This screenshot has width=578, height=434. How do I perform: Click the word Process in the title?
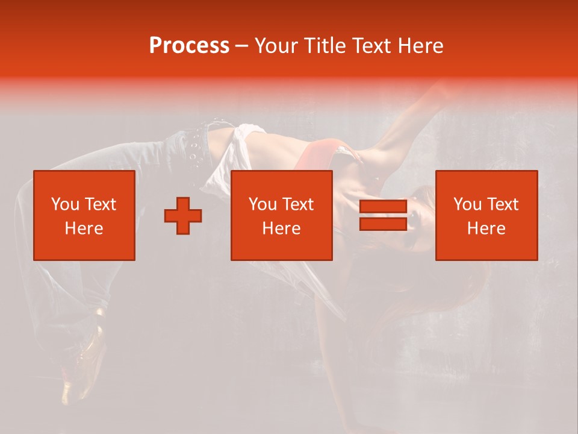point(189,46)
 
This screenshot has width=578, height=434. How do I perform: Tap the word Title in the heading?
point(326,46)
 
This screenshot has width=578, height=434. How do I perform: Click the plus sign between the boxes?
point(183,216)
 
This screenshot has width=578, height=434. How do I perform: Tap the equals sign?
point(383,215)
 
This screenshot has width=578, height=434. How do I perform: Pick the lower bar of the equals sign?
point(383,224)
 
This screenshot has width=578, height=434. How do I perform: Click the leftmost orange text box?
point(84,215)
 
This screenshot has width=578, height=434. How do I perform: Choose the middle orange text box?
point(281,215)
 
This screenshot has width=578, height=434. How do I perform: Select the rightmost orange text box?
point(486,215)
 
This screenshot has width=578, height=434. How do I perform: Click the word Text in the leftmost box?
point(101,204)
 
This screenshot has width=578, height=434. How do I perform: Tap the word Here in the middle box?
point(281,228)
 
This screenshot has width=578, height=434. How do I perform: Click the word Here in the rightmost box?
point(486,228)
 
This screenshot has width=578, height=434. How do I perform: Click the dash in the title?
point(241,46)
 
